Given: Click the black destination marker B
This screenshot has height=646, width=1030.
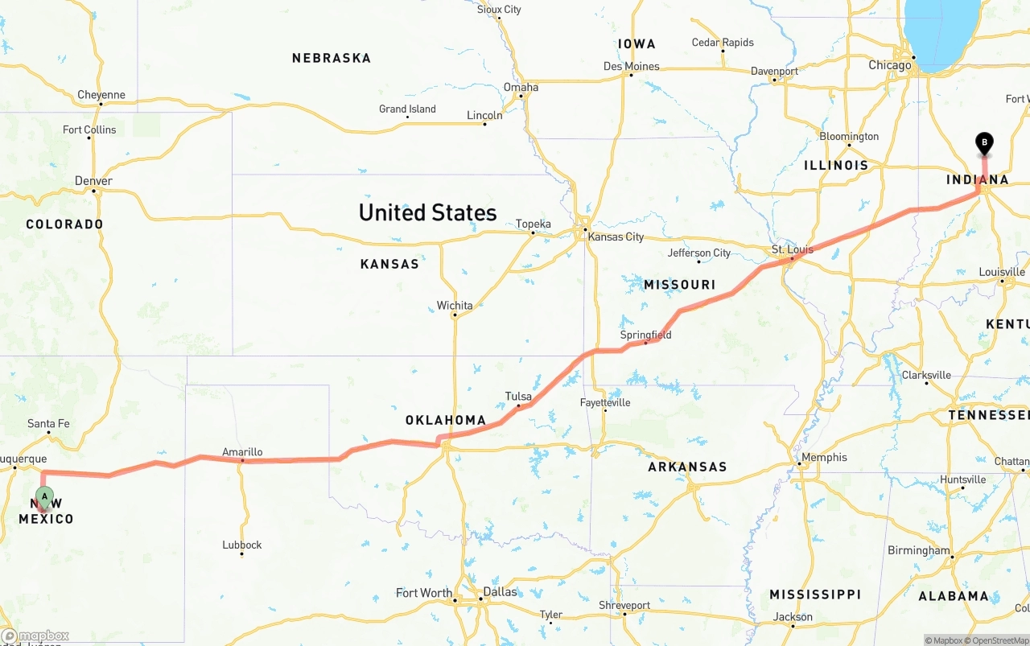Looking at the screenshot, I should pyautogui.click(x=983, y=143).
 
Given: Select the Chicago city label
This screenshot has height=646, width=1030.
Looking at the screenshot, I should pyautogui.click(x=890, y=65).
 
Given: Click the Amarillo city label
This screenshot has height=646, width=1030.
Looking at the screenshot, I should pyautogui.click(x=242, y=452).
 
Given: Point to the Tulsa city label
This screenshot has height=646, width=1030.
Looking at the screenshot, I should pyautogui.click(x=518, y=397).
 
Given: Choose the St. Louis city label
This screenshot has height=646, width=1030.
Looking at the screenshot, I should pyautogui.click(x=793, y=249).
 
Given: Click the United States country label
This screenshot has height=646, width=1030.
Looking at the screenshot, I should pyautogui.click(x=427, y=212).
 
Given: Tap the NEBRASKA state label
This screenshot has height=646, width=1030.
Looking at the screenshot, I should pyautogui.click(x=332, y=58).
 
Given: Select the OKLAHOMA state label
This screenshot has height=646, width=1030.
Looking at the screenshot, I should pyautogui.click(x=446, y=420).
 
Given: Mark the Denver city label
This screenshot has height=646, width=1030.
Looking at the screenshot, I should pyautogui.click(x=93, y=181).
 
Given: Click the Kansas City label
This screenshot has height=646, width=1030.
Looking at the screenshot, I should pyautogui.click(x=616, y=237).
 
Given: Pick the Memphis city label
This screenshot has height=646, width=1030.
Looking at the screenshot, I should pyautogui.click(x=824, y=457).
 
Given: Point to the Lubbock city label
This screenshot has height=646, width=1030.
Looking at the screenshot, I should pyautogui.click(x=242, y=545).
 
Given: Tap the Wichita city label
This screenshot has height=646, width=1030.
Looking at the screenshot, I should pyautogui.click(x=455, y=305).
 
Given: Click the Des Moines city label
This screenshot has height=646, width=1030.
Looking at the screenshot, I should pyautogui.click(x=632, y=66).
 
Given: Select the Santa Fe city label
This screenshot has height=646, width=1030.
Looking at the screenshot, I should pyautogui.click(x=48, y=423).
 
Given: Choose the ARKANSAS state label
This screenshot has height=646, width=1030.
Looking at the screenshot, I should pyautogui.click(x=687, y=467).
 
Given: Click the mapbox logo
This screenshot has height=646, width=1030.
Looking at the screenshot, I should pyautogui.click(x=35, y=636).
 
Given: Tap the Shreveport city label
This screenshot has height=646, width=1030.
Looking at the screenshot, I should pyautogui.click(x=624, y=605).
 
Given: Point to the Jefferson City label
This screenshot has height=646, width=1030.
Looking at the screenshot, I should pyautogui.click(x=699, y=253).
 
